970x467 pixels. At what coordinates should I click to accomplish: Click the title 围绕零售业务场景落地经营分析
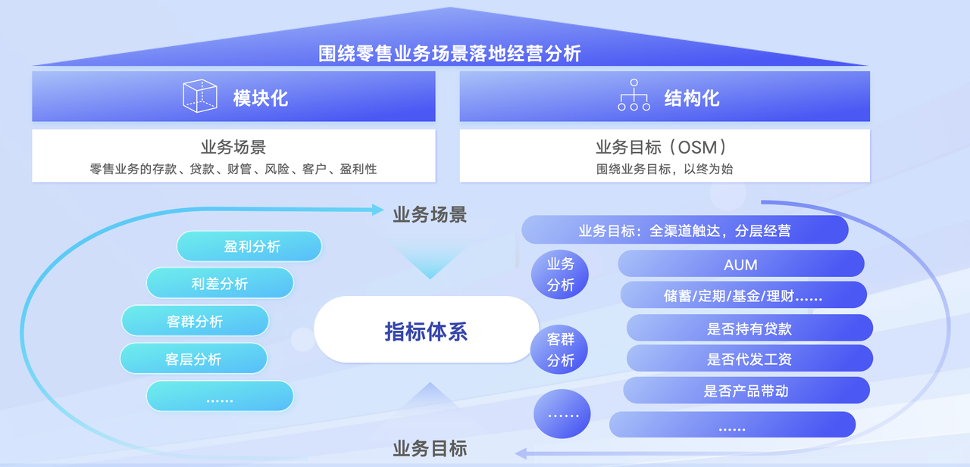coord(450,54)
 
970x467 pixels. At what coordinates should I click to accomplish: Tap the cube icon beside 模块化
coord(200,97)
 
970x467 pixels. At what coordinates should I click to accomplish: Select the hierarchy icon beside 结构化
coord(634,96)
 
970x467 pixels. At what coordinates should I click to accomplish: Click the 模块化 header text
coord(261,98)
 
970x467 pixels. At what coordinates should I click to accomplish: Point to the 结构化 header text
coord(691,98)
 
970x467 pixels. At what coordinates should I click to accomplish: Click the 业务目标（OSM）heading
coord(664,147)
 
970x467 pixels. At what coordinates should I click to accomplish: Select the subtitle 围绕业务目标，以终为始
coord(664,169)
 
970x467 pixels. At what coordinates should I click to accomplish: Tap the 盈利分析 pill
coord(249,247)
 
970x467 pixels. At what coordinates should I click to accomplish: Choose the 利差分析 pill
coord(220,284)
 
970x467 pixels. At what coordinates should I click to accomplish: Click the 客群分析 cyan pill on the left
coord(195,321)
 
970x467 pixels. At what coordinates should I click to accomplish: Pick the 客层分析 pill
coord(193,359)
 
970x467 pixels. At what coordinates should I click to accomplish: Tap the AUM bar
coord(741,264)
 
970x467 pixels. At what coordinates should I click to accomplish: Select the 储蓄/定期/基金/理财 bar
coord(743,295)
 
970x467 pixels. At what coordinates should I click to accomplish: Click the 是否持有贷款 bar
coord(749,328)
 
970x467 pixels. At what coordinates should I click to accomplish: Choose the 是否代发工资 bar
coord(749,359)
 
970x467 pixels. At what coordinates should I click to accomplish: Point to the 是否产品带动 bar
coord(746,391)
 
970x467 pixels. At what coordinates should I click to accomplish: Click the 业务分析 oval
coord(561,274)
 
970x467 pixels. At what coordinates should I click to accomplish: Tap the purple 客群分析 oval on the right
coord(561,350)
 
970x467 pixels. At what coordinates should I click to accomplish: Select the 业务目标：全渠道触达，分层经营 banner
coord(684,230)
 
